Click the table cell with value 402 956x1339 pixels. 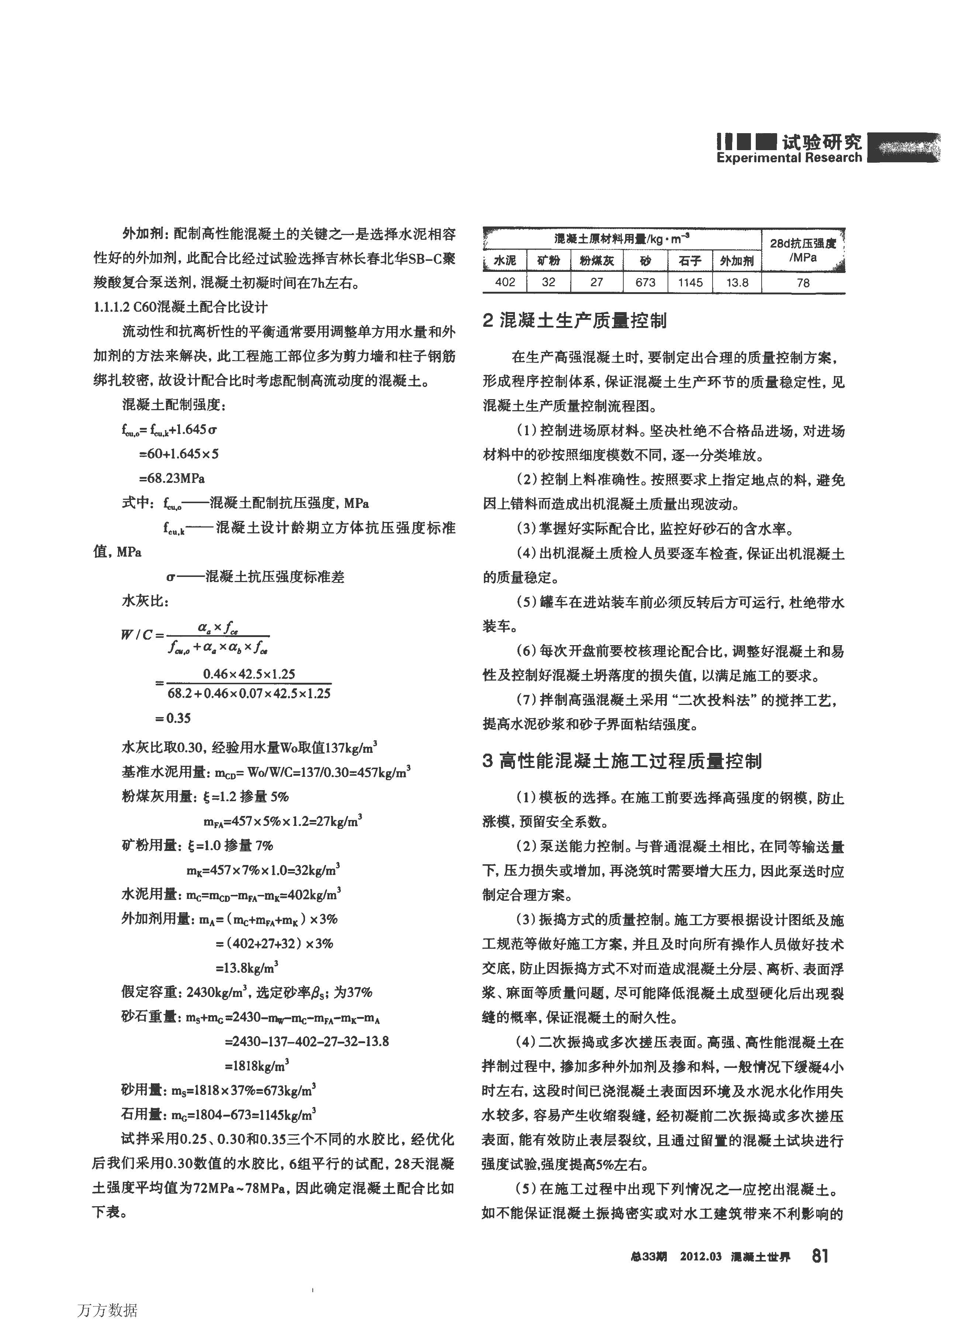coord(505,283)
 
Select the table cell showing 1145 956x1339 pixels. coord(690,283)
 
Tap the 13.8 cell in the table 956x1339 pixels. coord(737,283)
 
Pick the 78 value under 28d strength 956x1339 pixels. coord(803,283)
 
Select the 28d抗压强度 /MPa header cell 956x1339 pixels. coord(803,250)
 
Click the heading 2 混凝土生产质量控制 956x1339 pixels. coord(575,321)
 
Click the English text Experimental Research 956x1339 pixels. coord(789,158)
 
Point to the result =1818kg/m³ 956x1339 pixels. coord(257,1066)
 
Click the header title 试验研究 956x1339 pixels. coord(821,142)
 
